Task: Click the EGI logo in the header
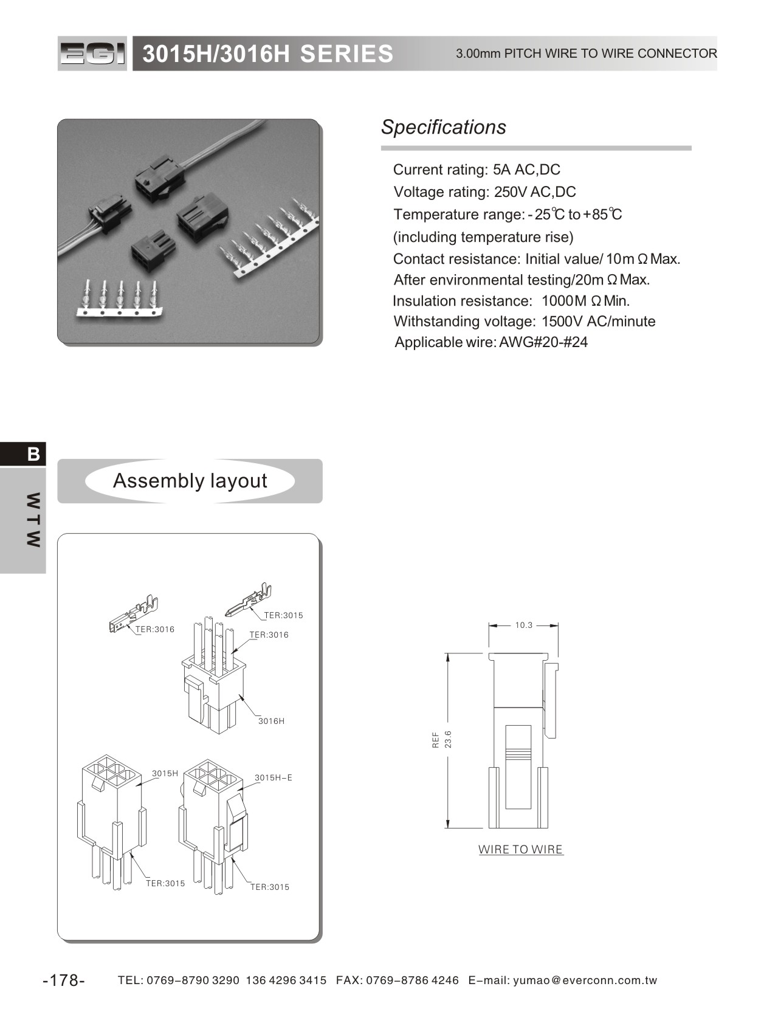tap(92, 54)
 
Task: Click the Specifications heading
tap(443, 127)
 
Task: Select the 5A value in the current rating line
tap(501, 170)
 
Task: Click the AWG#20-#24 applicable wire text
tap(543, 342)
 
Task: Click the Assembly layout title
tap(190, 481)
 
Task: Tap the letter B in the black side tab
tap(33, 454)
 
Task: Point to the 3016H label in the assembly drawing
tap(271, 721)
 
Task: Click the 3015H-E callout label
tap(274, 777)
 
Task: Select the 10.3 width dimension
tap(523, 625)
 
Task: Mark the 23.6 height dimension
tap(448, 739)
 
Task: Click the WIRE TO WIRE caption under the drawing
tap(521, 849)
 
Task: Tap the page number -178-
tap(64, 980)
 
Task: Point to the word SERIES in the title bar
tap(346, 54)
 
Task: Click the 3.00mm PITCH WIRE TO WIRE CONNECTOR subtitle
tap(586, 53)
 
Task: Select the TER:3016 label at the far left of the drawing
tap(155, 629)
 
